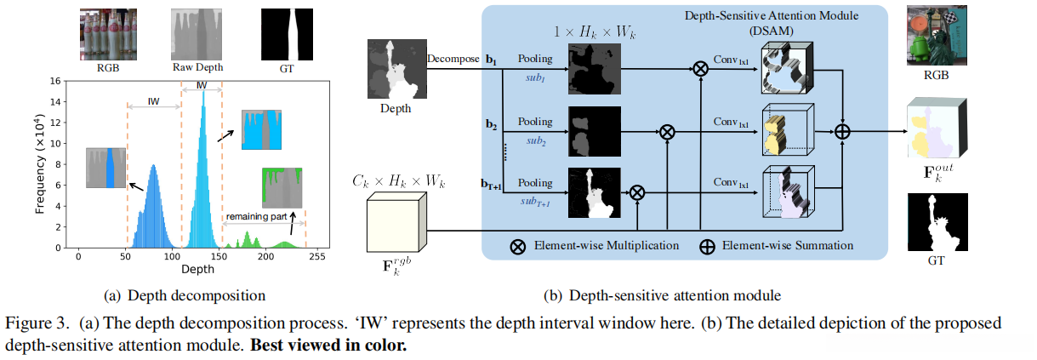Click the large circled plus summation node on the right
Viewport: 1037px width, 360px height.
click(843, 131)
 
